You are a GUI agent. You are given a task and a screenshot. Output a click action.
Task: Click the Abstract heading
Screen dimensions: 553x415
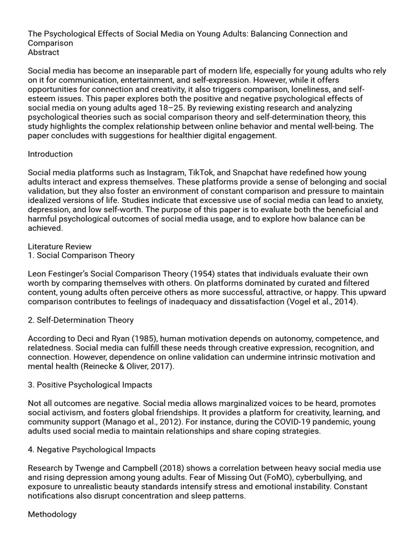pos(44,52)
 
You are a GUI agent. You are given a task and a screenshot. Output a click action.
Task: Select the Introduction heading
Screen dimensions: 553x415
pos(50,154)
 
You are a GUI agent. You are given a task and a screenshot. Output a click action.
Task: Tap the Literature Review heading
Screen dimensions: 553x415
pos(60,246)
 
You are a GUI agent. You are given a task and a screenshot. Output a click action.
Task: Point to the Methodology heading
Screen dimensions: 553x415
pos(52,514)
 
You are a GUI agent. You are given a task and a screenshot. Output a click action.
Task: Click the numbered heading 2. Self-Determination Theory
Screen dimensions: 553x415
pos(81,320)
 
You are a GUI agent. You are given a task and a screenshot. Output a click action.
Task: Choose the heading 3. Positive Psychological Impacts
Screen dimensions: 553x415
pos(90,385)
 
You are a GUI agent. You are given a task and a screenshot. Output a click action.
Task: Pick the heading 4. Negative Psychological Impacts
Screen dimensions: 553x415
pos(92,449)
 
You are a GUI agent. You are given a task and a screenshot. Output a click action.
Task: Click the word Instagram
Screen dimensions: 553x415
pos(165,173)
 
